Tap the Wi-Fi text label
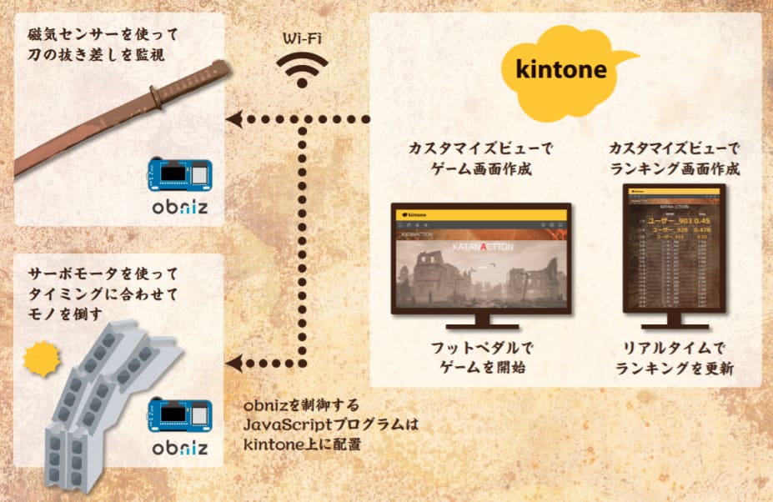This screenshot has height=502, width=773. click(302, 39)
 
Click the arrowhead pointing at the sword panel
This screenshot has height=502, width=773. click(237, 119)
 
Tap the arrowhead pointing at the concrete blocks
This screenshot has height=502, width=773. click(237, 361)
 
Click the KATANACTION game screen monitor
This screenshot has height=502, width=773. click(481, 259)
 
